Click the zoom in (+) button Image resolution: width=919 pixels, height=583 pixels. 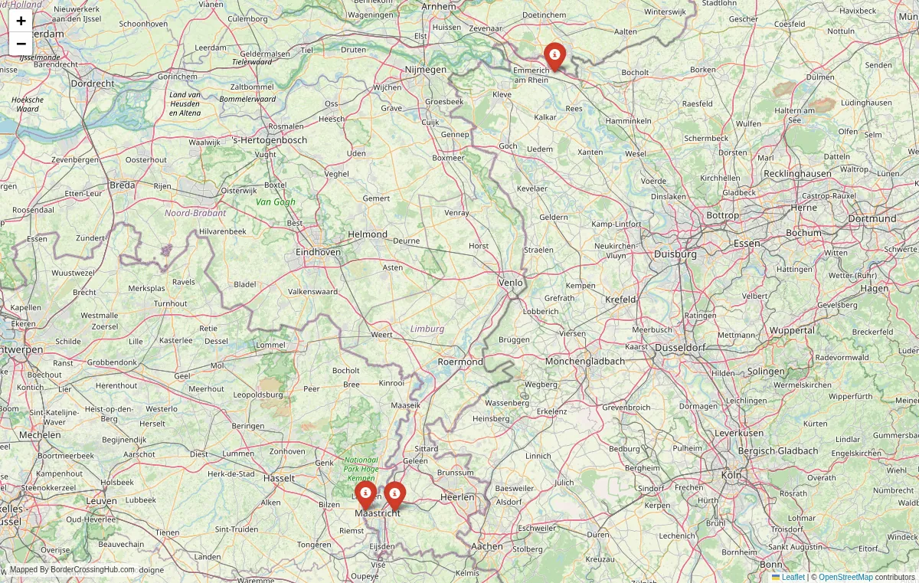point(21,21)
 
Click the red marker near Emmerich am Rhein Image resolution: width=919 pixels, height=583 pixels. point(554,56)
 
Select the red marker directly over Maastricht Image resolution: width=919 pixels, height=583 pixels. point(394,495)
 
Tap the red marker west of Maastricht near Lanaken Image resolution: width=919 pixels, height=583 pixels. point(365,494)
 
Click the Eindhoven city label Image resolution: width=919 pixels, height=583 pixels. point(319,251)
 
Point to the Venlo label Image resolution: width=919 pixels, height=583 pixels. point(511,283)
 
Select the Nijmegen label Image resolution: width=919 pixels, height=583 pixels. point(426,70)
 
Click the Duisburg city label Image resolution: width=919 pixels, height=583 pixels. point(675,254)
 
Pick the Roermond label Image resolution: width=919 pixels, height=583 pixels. point(460,362)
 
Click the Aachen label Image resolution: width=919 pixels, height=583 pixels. point(487,546)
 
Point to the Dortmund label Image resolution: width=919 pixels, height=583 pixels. point(872,218)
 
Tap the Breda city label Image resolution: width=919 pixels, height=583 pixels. point(123,185)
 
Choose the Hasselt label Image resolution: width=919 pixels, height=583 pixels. point(279,478)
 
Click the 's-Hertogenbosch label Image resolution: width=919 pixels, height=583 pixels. point(269,140)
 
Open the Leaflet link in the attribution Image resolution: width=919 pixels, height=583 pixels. point(793,577)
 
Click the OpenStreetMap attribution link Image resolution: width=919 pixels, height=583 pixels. point(845,577)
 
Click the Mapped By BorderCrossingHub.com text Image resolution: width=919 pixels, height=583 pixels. point(72,570)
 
